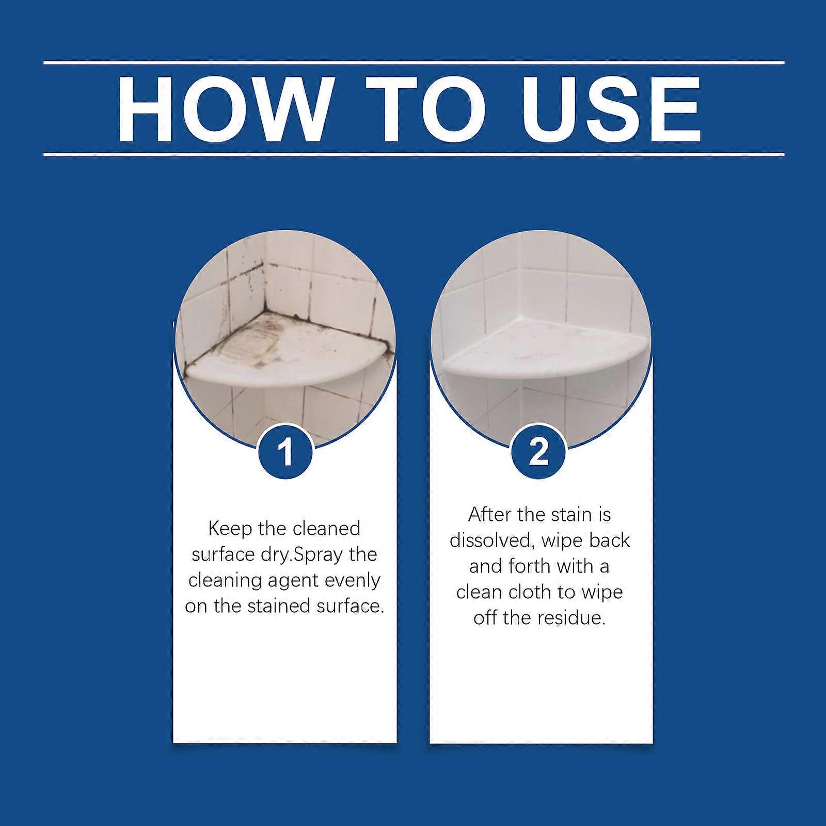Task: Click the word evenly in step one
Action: [x=353, y=580]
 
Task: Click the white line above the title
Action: [x=413, y=63]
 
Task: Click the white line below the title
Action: [x=413, y=154]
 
